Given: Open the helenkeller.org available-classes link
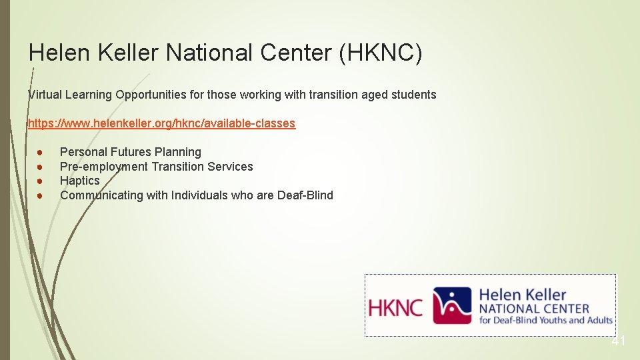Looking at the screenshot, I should point(161,123).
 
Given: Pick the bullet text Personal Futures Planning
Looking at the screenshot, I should point(130,152).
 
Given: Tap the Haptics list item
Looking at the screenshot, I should point(79,181).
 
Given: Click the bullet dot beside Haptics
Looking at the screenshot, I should point(40,181).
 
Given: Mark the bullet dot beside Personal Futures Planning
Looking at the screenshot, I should point(40,152).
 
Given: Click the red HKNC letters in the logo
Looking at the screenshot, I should point(396,307).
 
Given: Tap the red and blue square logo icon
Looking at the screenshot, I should point(452,305).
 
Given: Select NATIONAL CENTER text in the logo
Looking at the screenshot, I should point(534,309).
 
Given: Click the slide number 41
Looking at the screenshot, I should point(619,341).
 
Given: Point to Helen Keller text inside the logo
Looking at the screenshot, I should point(523,295).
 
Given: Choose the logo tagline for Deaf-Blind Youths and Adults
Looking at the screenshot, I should point(545,320).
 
